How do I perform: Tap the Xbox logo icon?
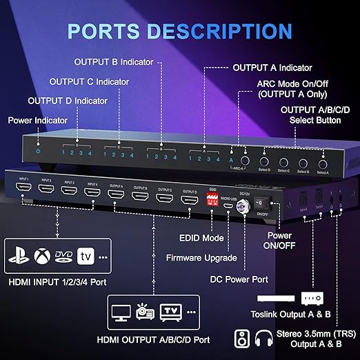[x=42, y=256]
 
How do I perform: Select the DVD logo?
[x=64, y=256]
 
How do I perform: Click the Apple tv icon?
[x=86, y=256]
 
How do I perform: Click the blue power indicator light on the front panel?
[x=39, y=151]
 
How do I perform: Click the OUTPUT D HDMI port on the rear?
[x=189, y=200]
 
